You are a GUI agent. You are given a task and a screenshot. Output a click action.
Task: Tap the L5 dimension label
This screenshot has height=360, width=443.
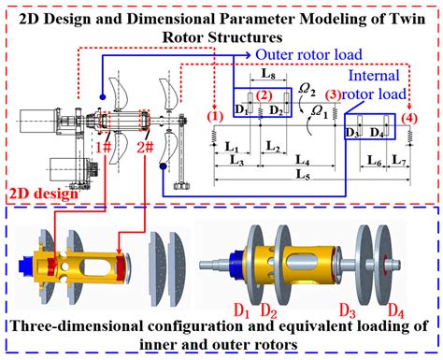click(300, 175)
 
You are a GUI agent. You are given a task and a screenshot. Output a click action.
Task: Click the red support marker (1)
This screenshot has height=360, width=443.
click(215, 117)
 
